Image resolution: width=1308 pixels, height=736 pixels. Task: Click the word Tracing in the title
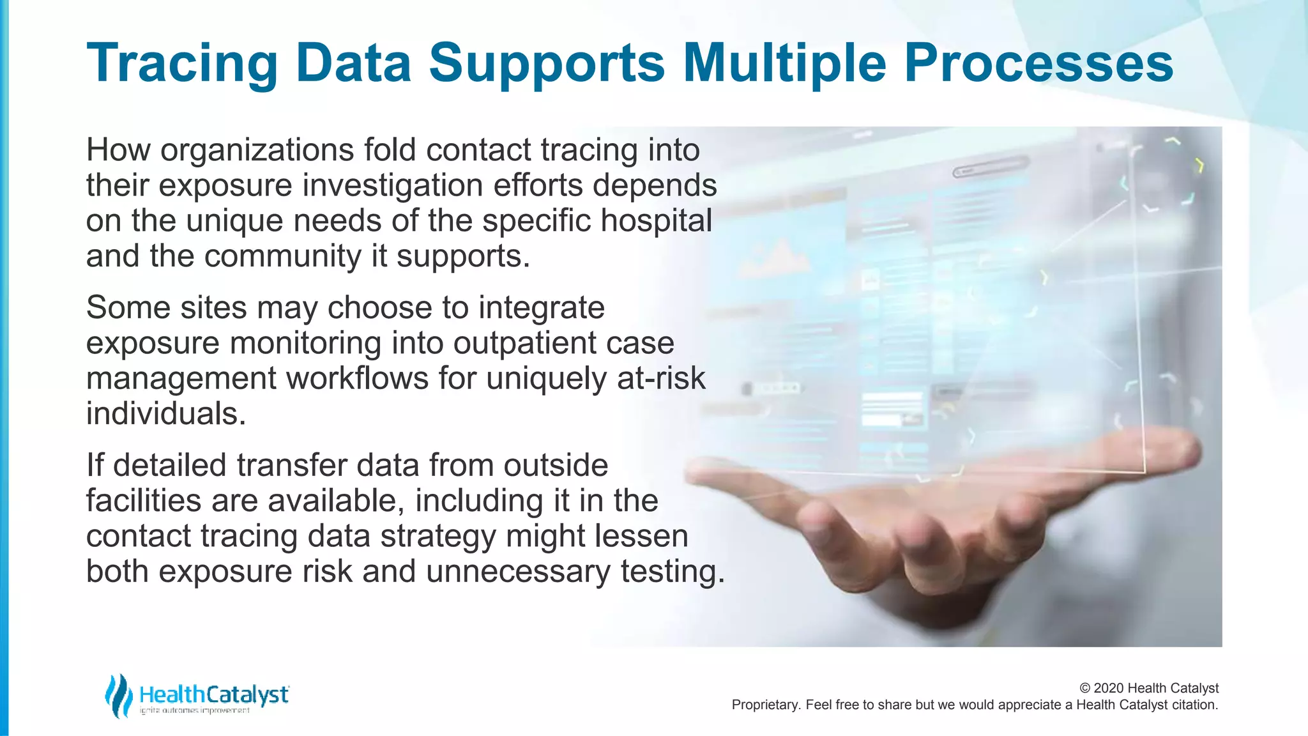pyautogui.click(x=181, y=64)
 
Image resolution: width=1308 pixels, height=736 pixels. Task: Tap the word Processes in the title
pyautogui.click(x=1038, y=64)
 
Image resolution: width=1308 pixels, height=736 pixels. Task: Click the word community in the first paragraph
pyautogui.click(x=282, y=256)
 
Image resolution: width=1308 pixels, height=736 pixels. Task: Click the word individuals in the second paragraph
pyautogui.click(x=166, y=414)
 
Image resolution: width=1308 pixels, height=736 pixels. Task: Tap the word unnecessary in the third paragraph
pyautogui.click(x=518, y=571)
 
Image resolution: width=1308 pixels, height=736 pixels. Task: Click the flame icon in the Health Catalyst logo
pyautogui.click(x=119, y=696)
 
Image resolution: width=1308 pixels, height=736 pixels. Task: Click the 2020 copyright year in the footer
pyautogui.click(x=1109, y=688)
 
